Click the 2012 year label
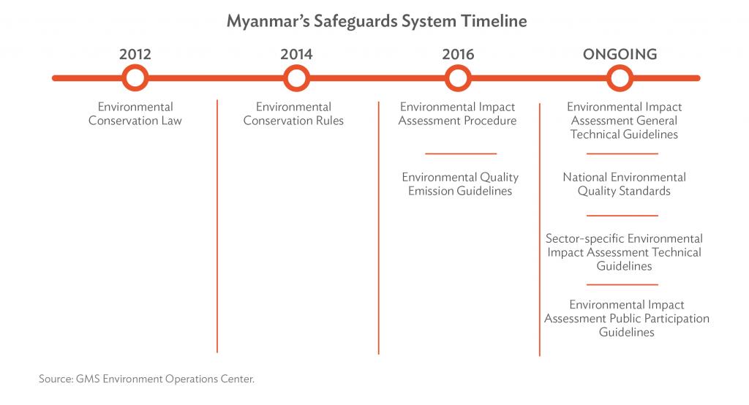point(135,54)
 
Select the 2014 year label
point(296,54)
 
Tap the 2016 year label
point(458,54)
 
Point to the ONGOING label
point(620,54)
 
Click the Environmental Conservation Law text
point(135,113)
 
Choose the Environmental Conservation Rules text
point(293,113)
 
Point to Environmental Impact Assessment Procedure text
point(458,113)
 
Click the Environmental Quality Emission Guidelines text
point(460,184)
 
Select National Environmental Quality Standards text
point(624,184)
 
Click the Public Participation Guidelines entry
point(627,318)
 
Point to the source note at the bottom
point(146,379)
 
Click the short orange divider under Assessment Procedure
point(461,154)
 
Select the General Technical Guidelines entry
point(624,121)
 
